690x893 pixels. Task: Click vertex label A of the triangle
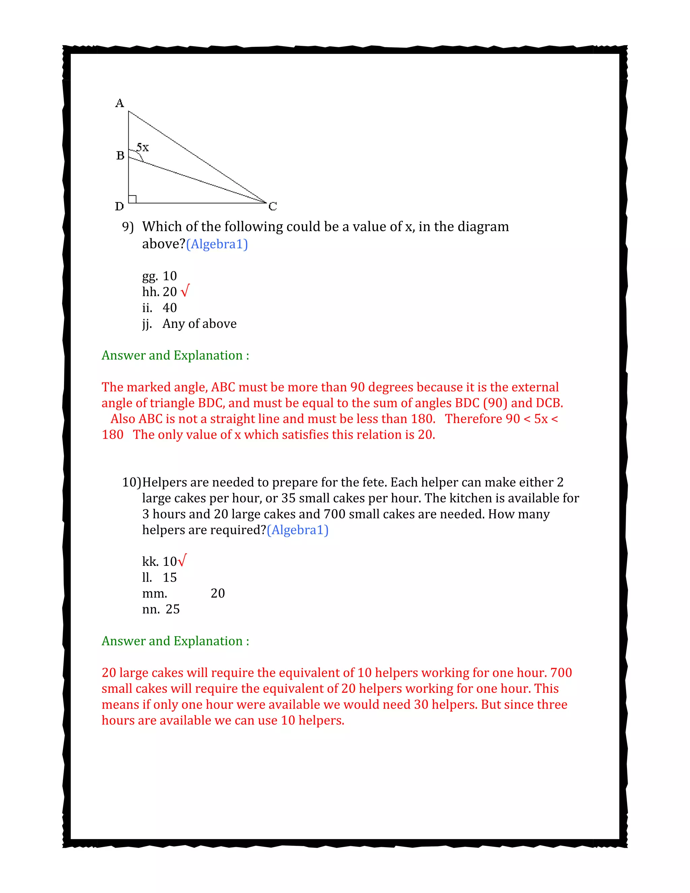click(x=119, y=103)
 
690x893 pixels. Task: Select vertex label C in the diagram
click(x=273, y=207)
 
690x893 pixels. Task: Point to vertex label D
click(x=119, y=207)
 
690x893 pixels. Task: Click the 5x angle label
click(x=143, y=147)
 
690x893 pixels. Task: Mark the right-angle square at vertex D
click(x=132, y=199)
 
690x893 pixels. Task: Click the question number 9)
click(x=128, y=227)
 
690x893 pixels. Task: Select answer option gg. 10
click(x=159, y=276)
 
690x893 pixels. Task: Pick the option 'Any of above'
click(x=199, y=324)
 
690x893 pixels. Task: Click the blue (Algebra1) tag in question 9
click(x=217, y=244)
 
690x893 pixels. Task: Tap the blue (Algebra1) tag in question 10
click(x=297, y=530)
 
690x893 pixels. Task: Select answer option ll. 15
click(x=159, y=577)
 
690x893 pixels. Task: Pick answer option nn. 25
click(x=161, y=609)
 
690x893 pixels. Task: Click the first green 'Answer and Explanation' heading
click(x=175, y=355)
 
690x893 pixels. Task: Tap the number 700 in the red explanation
click(x=561, y=673)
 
